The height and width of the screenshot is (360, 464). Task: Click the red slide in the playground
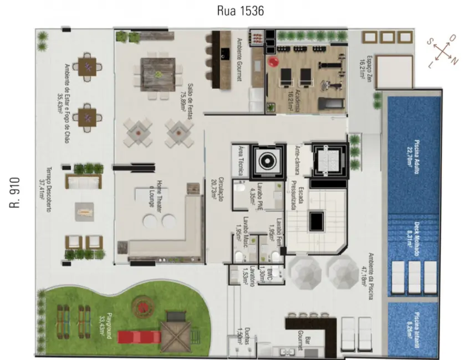click(x=141, y=336)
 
